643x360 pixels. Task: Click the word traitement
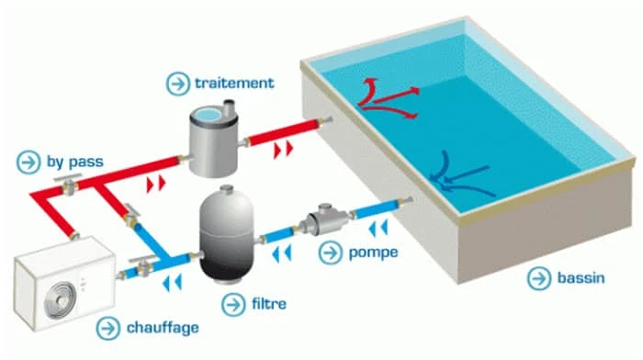[234, 83]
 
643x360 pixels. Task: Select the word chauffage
[164, 326]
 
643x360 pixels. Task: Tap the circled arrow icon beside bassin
[536, 276]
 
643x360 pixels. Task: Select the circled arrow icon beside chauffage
[109, 326]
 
